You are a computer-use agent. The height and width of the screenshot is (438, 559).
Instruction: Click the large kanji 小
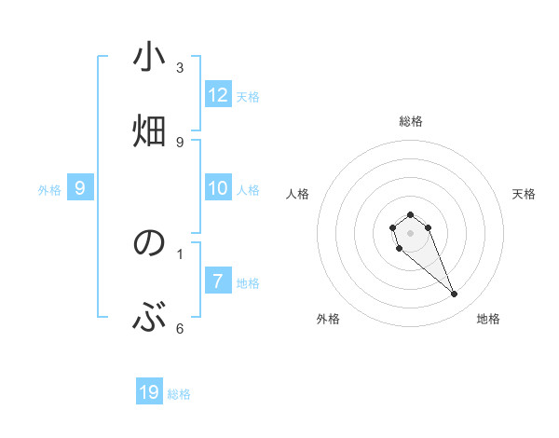pyautogui.click(x=149, y=58)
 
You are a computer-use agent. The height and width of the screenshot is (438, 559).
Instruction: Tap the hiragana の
pyautogui.click(x=149, y=243)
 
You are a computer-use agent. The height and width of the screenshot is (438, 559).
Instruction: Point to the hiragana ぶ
pyautogui.click(x=149, y=318)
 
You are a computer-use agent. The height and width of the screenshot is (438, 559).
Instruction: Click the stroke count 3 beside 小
pyautogui.click(x=180, y=67)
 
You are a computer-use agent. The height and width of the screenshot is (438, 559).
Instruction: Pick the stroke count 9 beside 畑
pyautogui.click(x=180, y=142)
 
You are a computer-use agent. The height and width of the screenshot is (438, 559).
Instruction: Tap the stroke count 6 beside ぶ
pyautogui.click(x=180, y=328)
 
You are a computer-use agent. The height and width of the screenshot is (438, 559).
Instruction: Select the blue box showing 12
pyautogui.click(x=218, y=95)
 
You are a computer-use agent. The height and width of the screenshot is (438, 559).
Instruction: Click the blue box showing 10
pyautogui.click(x=218, y=188)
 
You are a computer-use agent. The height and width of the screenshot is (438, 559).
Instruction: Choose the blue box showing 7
pyautogui.click(x=218, y=281)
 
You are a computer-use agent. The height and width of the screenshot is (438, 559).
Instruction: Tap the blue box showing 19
pyautogui.click(x=149, y=392)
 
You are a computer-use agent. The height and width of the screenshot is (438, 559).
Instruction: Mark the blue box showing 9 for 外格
pyautogui.click(x=80, y=188)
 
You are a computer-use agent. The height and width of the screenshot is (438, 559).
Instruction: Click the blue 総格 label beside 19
pyautogui.click(x=179, y=394)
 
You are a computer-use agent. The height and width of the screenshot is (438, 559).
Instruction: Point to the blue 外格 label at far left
pyautogui.click(x=49, y=190)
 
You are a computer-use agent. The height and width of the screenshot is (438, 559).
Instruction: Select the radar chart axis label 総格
pyautogui.click(x=410, y=121)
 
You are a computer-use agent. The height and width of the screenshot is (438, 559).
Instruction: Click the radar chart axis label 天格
pyautogui.click(x=524, y=194)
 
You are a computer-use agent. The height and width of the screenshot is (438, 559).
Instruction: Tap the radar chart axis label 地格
pyautogui.click(x=488, y=319)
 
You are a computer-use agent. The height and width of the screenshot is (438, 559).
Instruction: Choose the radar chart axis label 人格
pyautogui.click(x=298, y=194)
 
